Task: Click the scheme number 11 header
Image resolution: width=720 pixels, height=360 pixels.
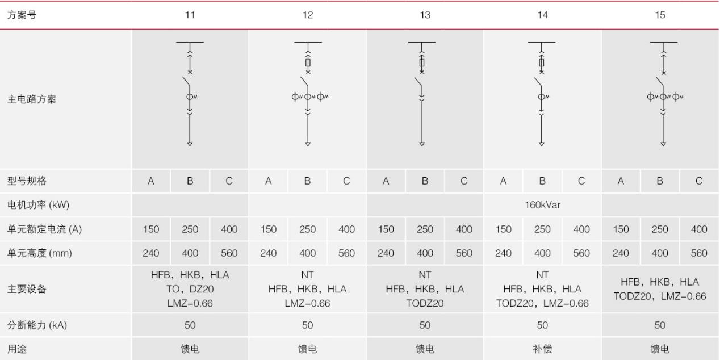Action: (x=190, y=15)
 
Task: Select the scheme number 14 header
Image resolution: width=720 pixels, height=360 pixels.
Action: (x=542, y=15)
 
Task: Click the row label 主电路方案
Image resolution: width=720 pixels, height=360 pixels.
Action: (x=32, y=99)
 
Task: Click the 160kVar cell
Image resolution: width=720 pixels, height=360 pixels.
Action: (x=542, y=205)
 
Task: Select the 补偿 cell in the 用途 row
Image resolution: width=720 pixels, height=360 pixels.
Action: (x=542, y=349)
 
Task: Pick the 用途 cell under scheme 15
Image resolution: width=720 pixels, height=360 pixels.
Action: (x=660, y=349)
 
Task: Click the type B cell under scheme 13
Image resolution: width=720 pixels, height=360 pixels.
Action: (x=425, y=181)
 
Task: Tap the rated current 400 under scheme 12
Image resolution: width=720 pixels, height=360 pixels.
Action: (x=346, y=229)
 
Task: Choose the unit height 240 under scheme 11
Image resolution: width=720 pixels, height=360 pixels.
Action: (x=151, y=253)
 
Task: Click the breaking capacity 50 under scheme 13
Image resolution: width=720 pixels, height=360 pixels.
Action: (x=425, y=325)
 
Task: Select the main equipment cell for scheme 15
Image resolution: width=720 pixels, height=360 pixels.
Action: (x=660, y=289)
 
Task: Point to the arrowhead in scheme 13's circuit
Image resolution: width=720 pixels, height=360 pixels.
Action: (x=421, y=144)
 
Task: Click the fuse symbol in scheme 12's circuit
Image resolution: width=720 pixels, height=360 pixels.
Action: (x=308, y=61)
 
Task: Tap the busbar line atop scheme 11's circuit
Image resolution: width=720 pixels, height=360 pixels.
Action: (x=190, y=43)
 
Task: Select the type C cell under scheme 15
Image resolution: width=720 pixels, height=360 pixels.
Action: (x=698, y=181)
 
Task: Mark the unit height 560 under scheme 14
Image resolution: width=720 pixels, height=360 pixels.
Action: (x=581, y=253)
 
